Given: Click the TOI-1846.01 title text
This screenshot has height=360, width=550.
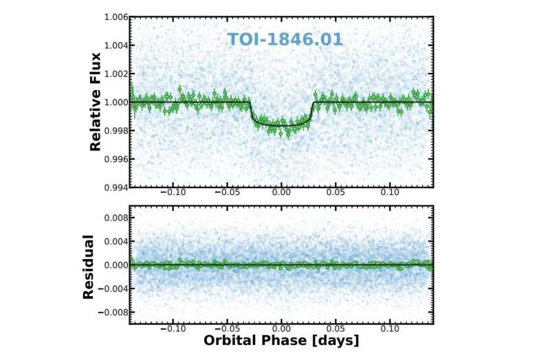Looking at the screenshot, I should point(285,39).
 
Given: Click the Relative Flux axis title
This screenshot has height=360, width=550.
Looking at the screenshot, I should point(96,102).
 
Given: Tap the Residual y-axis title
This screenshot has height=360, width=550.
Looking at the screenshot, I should point(89,267).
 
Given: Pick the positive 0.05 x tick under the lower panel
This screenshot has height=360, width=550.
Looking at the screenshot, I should point(335,329).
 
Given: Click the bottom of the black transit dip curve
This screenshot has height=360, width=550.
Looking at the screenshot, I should point(281,126).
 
